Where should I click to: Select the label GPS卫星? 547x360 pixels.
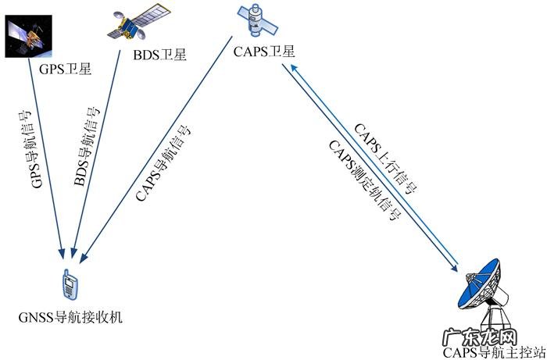[x=65, y=68]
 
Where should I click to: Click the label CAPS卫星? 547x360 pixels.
[x=263, y=52]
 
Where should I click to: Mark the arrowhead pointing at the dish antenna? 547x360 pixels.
[x=456, y=267]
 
